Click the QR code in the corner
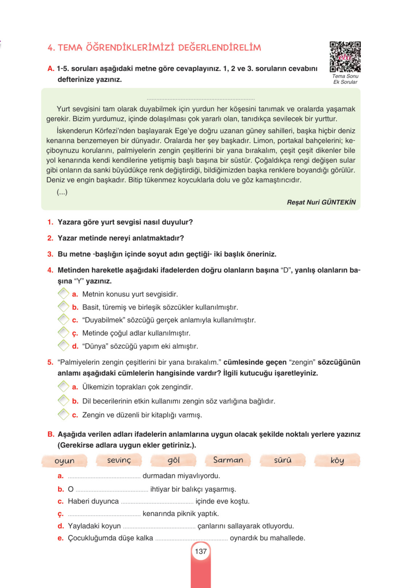click(345, 57)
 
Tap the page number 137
click(201, 551)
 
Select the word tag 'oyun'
click(64, 461)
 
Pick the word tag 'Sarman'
click(228, 460)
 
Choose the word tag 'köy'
click(337, 460)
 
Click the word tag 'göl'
click(173, 460)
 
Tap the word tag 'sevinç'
click(119, 460)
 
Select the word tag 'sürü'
click(283, 460)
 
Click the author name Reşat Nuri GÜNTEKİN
click(321, 202)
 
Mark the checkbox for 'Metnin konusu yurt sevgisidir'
click(63, 294)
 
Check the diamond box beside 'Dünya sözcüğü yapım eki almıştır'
click(63, 345)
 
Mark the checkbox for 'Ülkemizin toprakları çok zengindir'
click(63, 386)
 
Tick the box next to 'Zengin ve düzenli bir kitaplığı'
click(63, 414)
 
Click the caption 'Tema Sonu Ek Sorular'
click(345, 79)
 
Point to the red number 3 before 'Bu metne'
click(50, 254)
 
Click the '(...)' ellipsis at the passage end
click(62, 192)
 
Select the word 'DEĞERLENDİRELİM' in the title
click(219, 48)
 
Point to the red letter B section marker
click(51, 434)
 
